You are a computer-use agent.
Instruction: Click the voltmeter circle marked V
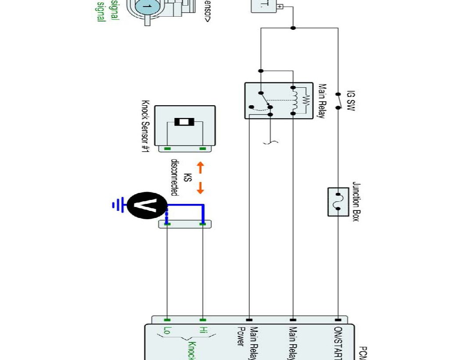(147, 205)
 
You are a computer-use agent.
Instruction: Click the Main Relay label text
(322, 101)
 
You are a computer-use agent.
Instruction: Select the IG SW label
(350, 101)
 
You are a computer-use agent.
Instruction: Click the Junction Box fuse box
(338, 202)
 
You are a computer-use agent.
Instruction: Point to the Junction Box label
(355, 202)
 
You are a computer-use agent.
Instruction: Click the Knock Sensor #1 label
(145, 127)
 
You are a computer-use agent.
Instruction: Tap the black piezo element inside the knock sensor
(184, 122)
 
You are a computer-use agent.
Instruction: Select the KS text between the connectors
(188, 178)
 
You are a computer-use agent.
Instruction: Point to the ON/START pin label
(338, 342)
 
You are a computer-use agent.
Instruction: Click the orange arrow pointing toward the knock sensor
(200, 167)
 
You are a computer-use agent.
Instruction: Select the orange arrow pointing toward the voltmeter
(200, 188)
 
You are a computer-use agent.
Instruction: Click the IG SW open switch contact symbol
(338, 101)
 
